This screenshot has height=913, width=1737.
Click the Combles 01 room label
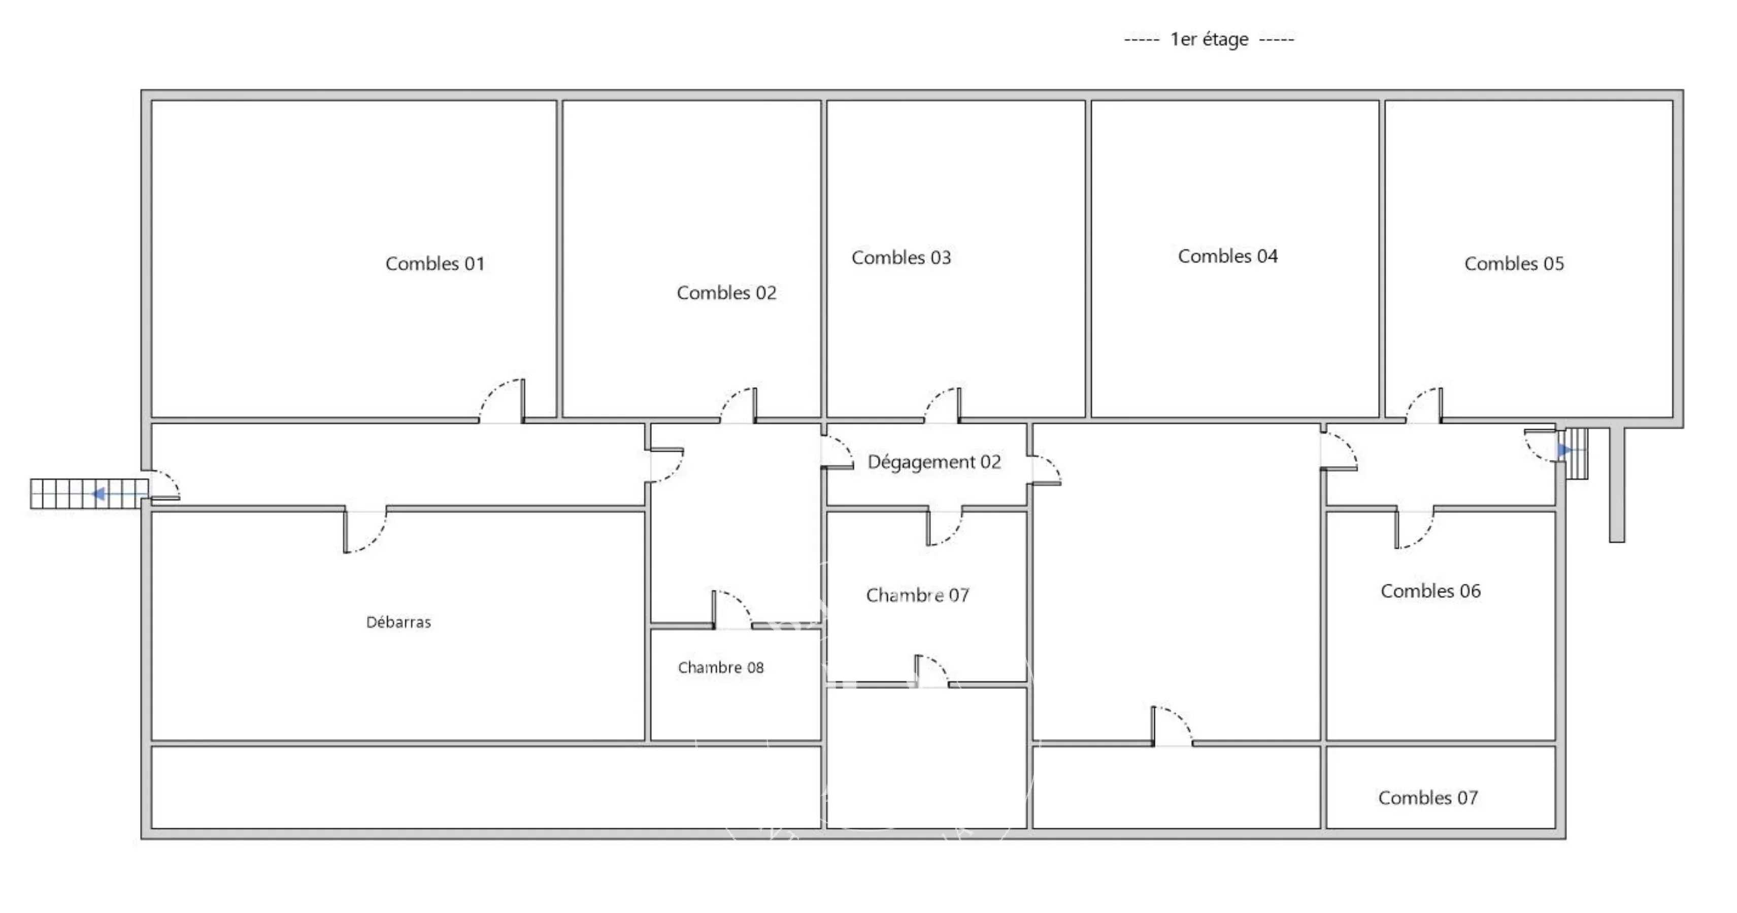pyautogui.click(x=435, y=263)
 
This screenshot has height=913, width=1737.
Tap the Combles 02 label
pyautogui.click(x=726, y=293)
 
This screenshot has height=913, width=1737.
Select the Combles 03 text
pyautogui.click(x=901, y=257)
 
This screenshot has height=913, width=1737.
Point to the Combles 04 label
pyautogui.click(x=1227, y=256)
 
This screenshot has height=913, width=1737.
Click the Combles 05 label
pyautogui.click(x=1514, y=263)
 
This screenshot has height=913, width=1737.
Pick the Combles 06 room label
pyautogui.click(x=1430, y=591)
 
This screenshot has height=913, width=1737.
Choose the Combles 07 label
pyautogui.click(x=1427, y=798)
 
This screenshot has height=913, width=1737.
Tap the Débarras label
pyautogui.click(x=398, y=622)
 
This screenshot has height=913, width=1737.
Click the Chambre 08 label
pyautogui.click(x=721, y=667)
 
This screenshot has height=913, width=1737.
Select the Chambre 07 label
pyautogui.click(x=918, y=595)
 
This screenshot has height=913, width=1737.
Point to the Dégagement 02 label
pyautogui.click(x=934, y=462)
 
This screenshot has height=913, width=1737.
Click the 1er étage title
pyautogui.click(x=1209, y=39)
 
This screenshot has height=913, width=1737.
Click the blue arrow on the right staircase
pyautogui.click(x=1565, y=449)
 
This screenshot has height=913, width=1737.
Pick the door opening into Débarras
pyautogui.click(x=365, y=531)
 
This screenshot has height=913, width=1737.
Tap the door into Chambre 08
pyautogui.click(x=732, y=609)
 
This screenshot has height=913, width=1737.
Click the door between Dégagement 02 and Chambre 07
pyautogui.click(x=945, y=528)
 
